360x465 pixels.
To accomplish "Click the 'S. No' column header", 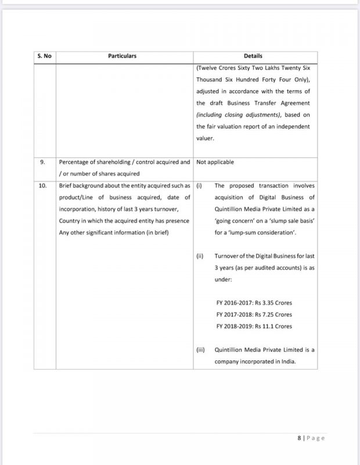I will point(44,56).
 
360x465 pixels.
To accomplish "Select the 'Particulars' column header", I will point(123,56).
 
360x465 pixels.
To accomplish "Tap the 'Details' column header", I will point(253,56).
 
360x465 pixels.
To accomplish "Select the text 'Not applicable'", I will point(216,162).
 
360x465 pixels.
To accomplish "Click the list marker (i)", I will point(199,186).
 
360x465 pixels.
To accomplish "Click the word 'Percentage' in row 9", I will point(75,162).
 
